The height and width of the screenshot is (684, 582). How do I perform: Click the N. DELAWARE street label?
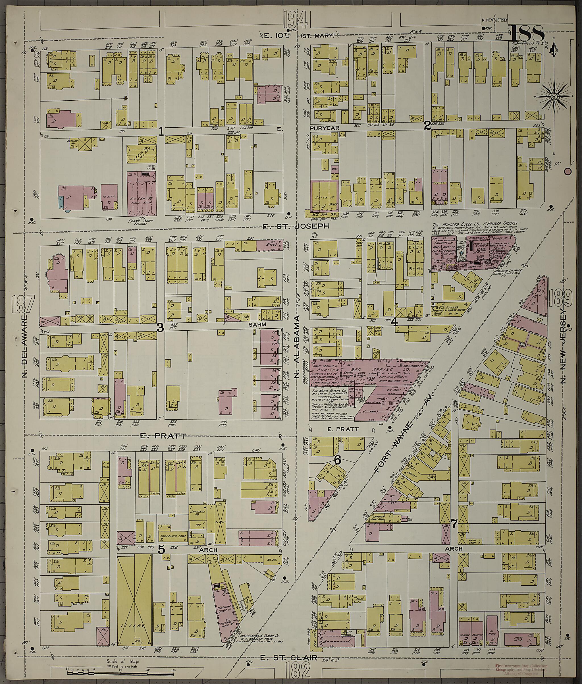click(25, 346)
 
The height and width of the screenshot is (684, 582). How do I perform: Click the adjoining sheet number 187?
click(22, 305)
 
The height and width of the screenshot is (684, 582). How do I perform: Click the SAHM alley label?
click(258, 325)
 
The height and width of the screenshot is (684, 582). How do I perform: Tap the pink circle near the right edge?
click(568, 171)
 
